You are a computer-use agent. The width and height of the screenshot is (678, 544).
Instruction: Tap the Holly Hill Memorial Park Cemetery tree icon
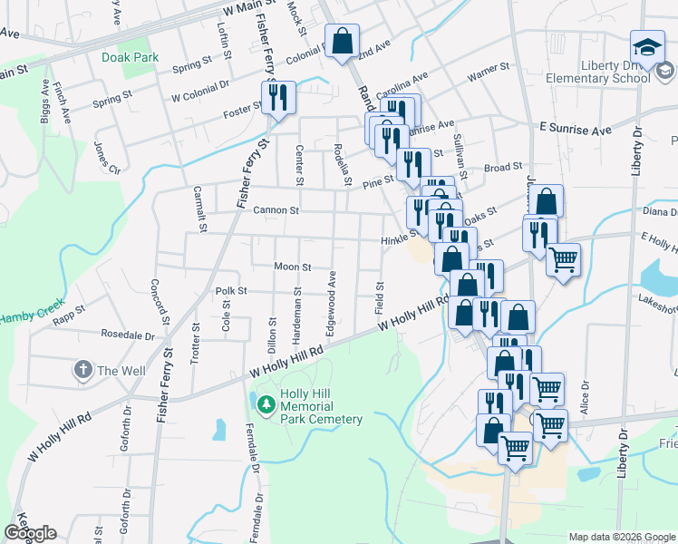(x=266, y=403)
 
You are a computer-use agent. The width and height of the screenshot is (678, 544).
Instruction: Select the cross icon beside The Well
(x=82, y=370)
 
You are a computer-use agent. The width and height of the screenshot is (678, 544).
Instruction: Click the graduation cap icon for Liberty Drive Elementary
(x=648, y=46)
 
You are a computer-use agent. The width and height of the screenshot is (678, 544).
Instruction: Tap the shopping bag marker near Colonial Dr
(x=342, y=42)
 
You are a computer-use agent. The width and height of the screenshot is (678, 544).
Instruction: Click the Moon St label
(x=293, y=267)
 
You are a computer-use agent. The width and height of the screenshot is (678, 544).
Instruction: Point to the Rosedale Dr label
(x=128, y=334)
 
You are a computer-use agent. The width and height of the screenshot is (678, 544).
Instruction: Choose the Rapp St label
(x=68, y=314)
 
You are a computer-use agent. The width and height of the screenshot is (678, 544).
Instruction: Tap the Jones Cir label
(x=106, y=158)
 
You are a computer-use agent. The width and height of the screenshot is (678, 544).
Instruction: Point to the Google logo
(x=30, y=533)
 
